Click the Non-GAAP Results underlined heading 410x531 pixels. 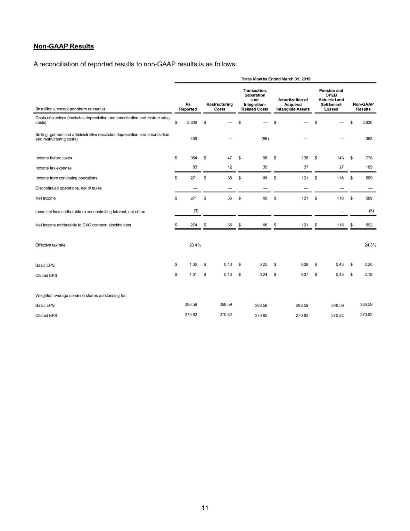point(64,46)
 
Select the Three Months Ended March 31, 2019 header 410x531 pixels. point(275,79)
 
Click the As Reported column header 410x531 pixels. point(188,107)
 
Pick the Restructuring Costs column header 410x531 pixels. point(219,107)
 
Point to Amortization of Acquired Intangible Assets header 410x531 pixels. point(293,105)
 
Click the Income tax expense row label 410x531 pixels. point(53,168)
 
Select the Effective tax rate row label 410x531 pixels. point(50,245)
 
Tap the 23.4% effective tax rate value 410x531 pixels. point(195,245)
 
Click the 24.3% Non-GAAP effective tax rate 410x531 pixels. point(370,245)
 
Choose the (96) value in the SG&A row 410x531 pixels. point(265,139)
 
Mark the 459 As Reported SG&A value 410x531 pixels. point(193,139)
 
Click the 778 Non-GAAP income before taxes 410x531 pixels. point(369,158)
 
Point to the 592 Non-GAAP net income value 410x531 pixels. point(369,225)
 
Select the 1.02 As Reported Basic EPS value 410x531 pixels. point(193,265)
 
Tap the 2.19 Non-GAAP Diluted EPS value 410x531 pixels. point(368,274)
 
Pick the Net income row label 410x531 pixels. point(45,198)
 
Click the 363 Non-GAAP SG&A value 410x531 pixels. point(369,139)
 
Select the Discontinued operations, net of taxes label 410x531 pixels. point(68,188)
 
